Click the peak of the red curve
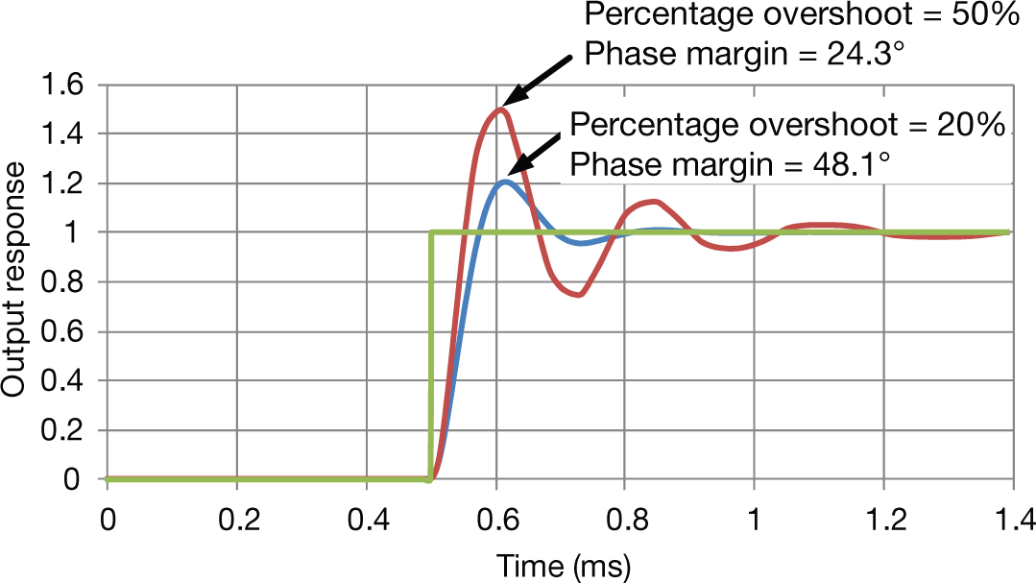point(499,109)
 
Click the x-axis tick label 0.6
point(495,520)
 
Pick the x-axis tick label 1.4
point(1012,520)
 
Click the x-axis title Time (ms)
point(563,566)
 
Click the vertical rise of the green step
point(430,355)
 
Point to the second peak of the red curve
point(653,202)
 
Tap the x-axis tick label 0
point(107,520)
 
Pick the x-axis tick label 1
point(755,520)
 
